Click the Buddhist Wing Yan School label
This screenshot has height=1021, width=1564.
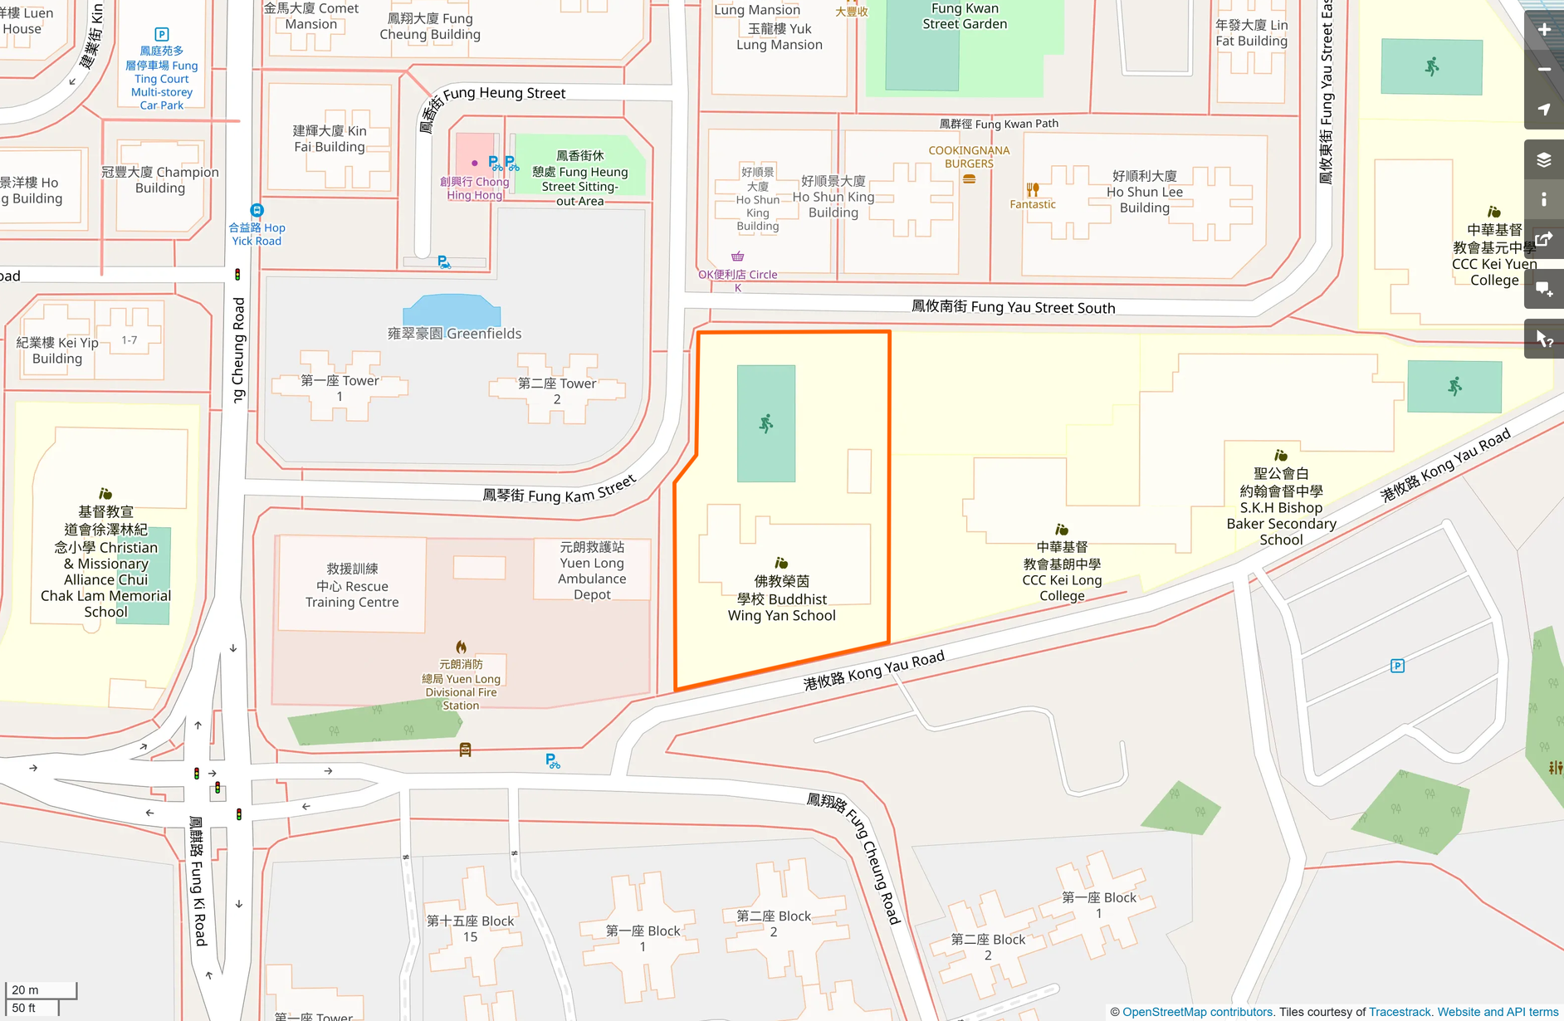pyautogui.click(x=781, y=598)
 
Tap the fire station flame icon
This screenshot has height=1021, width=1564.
pyautogui.click(x=461, y=647)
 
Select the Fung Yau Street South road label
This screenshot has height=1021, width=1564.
pyautogui.click(x=1013, y=307)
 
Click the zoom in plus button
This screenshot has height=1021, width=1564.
pyautogui.click(x=1543, y=30)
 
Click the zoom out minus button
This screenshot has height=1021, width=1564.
pyautogui.click(x=1543, y=70)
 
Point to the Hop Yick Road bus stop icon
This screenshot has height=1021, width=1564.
pyautogui.click(x=257, y=211)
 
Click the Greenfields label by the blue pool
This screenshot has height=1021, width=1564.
pyautogui.click(x=455, y=334)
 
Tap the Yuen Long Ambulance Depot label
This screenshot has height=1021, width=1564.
pyautogui.click(x=592, y=571)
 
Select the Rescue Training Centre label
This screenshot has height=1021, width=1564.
pyautogui.click(x=352, y=586)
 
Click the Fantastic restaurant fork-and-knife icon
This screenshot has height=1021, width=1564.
pyautogui.click(x=1033, y=189)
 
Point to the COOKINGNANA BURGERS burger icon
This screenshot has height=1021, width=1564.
pyautogui.click(x=969, y=178)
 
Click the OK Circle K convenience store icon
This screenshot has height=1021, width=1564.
pyautogui.click(x=737, y=256)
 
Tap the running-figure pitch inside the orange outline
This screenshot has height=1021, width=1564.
pyautogui.click(x=765, y=424)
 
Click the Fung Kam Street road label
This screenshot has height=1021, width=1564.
pyautogui.click(x=559, y=491)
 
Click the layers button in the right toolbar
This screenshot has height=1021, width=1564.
pyautogui.click(x=1543, y=159)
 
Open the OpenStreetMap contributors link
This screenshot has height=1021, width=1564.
pyautogui.click(x=1197, y=1012)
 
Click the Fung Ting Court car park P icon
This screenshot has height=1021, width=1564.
pyautogui.click(x=162, y=35)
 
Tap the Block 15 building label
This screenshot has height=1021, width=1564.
pyautogui.click(x=470, y=929)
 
